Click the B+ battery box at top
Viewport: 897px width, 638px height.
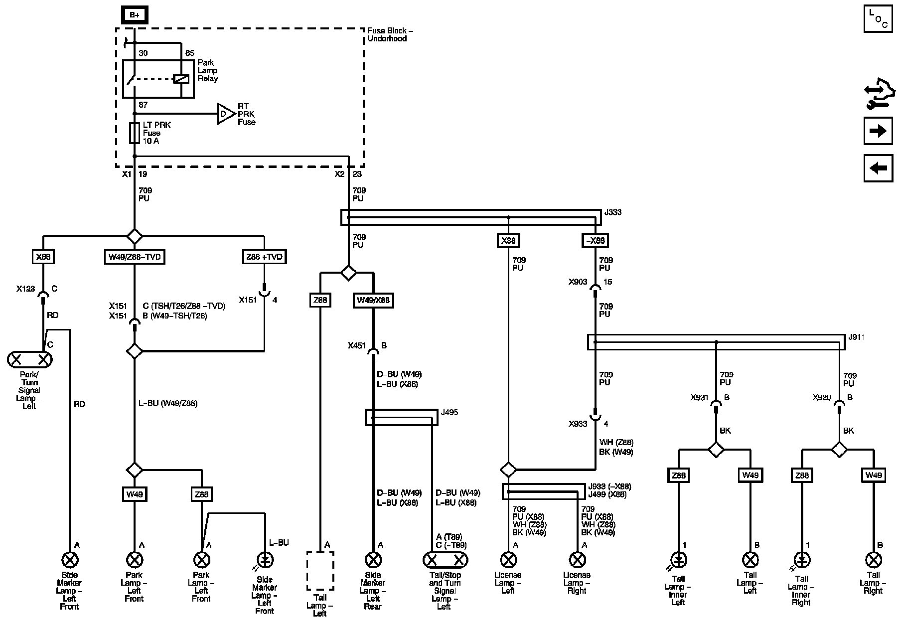click(135, 15)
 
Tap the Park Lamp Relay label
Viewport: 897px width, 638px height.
click(207, 70)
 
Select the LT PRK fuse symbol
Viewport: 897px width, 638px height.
click(134, 133)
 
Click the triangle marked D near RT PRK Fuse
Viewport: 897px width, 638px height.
click(225, 114)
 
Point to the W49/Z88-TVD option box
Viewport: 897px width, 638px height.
click(134, 257)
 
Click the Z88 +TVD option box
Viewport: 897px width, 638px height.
click(264, 257)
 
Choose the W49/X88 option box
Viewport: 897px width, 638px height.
click(373, 301)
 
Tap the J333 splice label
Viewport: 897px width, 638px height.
click(612, 212)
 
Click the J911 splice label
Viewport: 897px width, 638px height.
click(857, 337)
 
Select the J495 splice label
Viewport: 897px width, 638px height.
click(449, 413)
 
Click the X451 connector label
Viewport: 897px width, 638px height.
click(357, 345)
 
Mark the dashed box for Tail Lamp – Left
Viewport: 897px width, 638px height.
click(320, 571)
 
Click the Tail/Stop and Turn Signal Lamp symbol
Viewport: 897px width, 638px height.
click(445, 560)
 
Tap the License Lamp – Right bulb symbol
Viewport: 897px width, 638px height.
click(577, 560)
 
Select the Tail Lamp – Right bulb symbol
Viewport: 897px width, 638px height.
click(873, 560)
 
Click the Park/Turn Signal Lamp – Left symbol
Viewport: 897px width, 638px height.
click(30, 359)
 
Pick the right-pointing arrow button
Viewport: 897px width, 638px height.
click(878, 131)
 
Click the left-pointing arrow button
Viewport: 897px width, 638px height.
click(878, 168)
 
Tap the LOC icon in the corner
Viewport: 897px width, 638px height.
click(878, 19)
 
